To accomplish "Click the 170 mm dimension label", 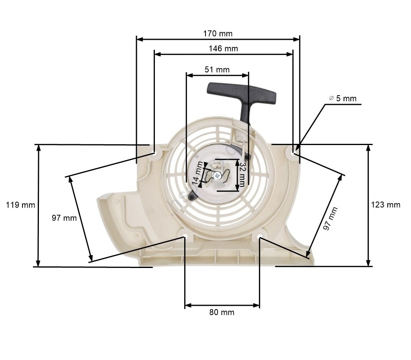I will (x=218, y=33).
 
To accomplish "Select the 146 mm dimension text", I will (x=223, y=49).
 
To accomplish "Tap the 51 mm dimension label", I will (x=217, y=70).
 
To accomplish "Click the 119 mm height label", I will (x=20, y=205).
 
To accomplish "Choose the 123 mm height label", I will (x=386, y=205).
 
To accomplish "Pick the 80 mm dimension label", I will (x=222, y=312).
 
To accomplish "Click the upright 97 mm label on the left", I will (x=64, y=218).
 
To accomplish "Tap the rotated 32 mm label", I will (x=242, y=175).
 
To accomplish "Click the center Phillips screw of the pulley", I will (x=217, y=175).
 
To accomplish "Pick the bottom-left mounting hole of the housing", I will (x=185, y=235).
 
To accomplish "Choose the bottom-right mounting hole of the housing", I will (x=260, y=235).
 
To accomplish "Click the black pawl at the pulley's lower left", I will (x=192, y=196).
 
